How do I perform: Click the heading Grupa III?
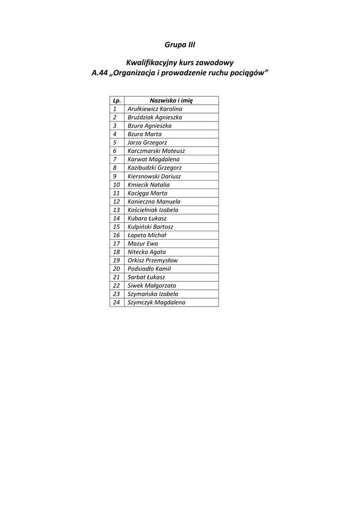coord(180,45)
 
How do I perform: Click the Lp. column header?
coord(117,100)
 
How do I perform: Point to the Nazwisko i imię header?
coord(171,100)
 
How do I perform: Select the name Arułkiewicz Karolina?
coord(155,109)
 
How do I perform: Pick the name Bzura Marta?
coord(144,134)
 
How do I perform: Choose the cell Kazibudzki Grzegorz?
coord(154,168)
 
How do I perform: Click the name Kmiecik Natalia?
coord(148,185)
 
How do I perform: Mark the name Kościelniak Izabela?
coord(153,210)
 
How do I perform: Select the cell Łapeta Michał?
coord(146,235)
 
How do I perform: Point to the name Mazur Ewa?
coord(140,244)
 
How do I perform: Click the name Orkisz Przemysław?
coord(152,260)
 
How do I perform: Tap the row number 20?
coord(117,268)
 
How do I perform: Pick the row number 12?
coord(117,201)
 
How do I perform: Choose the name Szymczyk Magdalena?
coord(156,302)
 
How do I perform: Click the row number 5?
coord(115,142)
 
